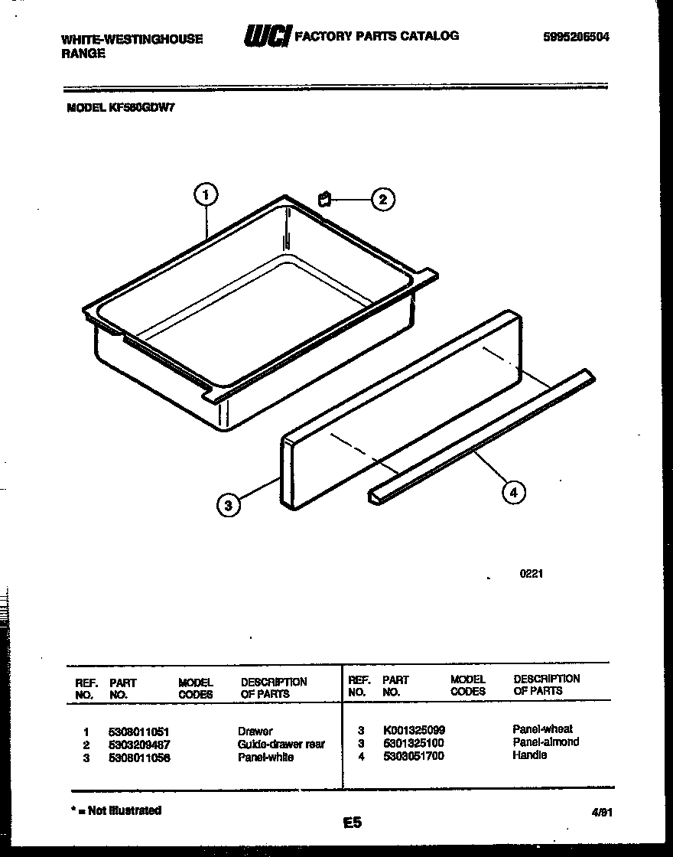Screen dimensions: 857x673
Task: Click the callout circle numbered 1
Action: (205, 197)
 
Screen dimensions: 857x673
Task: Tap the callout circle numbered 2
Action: (382, 200)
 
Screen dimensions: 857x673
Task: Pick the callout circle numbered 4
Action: (513, 493)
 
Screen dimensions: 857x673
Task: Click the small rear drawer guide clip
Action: (324, 200)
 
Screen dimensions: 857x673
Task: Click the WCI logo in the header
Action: (267, 36)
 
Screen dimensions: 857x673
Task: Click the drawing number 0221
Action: (531, 574)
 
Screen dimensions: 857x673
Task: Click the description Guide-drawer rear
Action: (281, 744)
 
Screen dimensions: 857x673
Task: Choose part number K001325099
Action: (413, 730)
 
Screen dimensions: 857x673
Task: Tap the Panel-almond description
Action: (545, 742)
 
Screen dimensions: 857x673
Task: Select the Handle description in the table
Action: (529, 755)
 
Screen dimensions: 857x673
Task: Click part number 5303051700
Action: (413, 756)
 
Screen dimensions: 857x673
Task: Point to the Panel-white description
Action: (265, 757)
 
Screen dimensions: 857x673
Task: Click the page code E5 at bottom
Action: (352, 823)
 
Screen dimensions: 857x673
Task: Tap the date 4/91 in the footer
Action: (602, 816)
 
